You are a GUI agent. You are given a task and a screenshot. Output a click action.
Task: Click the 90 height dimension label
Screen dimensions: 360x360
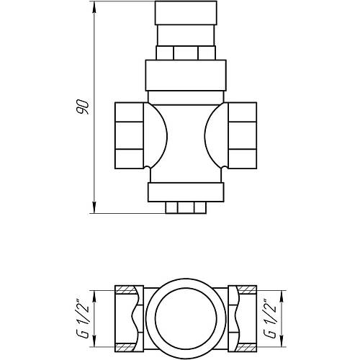83,107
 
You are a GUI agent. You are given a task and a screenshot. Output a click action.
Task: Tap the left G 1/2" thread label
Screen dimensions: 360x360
83,318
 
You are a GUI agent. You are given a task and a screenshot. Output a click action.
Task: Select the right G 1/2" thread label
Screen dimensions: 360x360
270,318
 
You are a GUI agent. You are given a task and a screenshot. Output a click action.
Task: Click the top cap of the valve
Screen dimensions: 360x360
186,13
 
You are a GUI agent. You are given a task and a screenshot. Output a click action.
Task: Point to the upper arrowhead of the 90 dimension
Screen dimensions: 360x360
94,8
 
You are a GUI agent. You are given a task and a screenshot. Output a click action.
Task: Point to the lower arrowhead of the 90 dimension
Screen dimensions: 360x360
94,207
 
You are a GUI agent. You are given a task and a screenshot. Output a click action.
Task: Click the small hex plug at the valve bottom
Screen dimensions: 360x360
186,207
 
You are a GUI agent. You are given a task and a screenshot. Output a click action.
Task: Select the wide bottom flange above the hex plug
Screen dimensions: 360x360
186,192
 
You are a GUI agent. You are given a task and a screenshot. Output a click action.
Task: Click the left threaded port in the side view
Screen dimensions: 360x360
129,135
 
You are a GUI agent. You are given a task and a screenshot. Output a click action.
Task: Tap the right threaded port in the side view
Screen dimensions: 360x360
243,135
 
